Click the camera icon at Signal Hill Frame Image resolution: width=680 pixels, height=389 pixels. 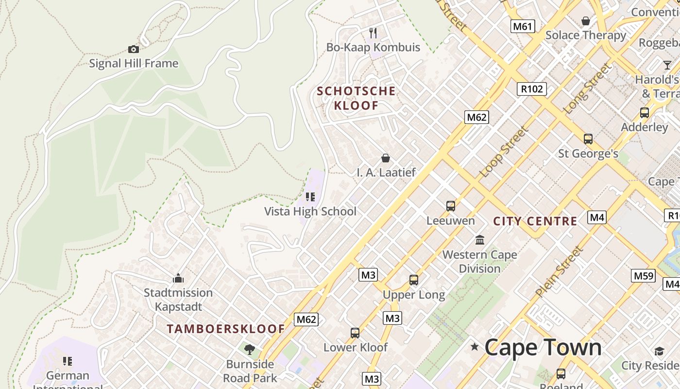(x=134, y=49)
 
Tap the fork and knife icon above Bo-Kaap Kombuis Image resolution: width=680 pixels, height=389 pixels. (x=373, y=33)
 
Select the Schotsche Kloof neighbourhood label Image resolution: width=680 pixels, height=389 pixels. (x=356, y=98)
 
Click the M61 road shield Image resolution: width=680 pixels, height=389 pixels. (x=523, y=26)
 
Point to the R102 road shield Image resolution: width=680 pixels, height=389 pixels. (x=532, y=89)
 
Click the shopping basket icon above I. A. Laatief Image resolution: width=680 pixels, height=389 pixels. (x=386, y=158)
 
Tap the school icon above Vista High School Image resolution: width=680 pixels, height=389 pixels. (x=310, y=197)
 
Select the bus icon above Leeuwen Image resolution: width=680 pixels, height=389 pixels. (x=451, y=206)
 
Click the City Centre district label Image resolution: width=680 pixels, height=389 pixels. (x=535, y=221)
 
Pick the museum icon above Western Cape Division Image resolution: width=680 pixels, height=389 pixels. (x=480, y=240)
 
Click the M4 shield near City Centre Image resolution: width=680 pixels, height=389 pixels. (x=597, y=217)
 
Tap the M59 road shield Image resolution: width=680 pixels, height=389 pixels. (x=644, y=276)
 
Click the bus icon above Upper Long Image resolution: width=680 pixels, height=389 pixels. (x=414, y=280)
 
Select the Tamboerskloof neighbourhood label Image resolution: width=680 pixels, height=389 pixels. (x=225, y=329)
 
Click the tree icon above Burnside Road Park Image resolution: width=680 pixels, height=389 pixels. (x=250, y=349)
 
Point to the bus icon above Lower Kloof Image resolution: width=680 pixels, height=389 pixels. (x=355, y=333)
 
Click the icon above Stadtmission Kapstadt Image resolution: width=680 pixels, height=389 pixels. (x=178, y=279)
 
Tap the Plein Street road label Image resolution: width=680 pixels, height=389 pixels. (x=559, y=272)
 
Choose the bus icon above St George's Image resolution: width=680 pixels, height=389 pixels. (x=588, y=139)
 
